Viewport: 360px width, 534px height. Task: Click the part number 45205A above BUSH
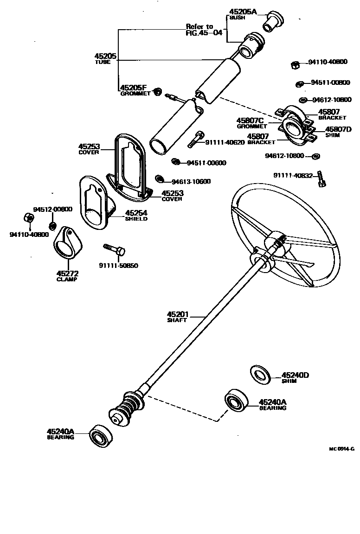click(242, 12)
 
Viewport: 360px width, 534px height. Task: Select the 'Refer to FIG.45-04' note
click(204, 30)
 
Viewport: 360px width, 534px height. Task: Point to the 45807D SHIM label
click(338, 132)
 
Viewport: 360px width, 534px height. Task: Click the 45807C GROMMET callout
click(252, 122)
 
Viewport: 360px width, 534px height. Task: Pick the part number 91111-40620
click(225, 142)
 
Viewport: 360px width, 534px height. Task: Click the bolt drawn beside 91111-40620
click(196, 139)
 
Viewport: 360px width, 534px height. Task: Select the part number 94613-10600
click(191, 181)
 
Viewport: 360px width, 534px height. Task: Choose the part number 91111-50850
click(118, 266)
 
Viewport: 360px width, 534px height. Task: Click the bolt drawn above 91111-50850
click(114, 249)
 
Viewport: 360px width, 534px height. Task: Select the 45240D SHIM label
click(295, 378)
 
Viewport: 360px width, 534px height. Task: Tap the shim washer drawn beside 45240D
click(261, 375)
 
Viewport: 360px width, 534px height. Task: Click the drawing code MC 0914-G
click(341, 449)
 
